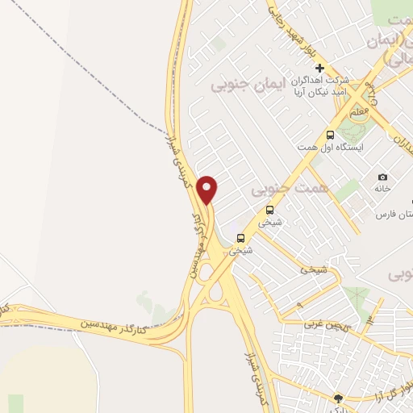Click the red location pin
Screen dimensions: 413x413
(208, 189)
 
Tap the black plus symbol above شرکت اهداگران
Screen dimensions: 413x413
(320, 68)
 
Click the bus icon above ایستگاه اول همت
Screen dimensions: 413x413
(330, 135)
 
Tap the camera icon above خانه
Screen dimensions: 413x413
(382, 177)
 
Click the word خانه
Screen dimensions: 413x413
(382, 189)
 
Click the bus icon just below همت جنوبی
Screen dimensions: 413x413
(270, 209)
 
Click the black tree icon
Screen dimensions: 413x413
(338, 398)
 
